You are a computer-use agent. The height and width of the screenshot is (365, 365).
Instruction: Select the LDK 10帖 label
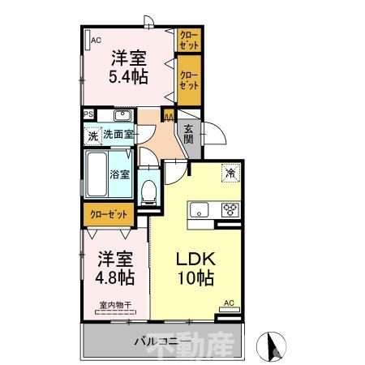(195, 268)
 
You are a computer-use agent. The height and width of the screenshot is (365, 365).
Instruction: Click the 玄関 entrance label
(188, 133)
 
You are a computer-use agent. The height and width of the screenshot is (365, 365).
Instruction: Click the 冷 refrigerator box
(231, 172)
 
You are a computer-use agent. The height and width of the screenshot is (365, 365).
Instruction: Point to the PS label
(88, 114)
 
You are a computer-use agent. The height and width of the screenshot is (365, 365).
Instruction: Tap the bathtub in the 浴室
(98, 173)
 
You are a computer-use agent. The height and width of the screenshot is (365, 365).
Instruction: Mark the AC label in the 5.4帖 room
(95, 40)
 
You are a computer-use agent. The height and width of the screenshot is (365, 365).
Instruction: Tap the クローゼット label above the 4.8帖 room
(108, 216)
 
